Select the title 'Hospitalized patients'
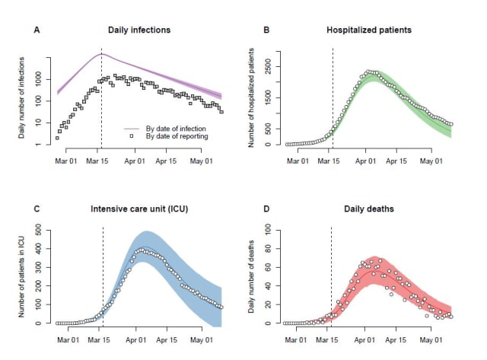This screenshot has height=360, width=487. tap(368, 30)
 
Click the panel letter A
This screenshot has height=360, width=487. tap(36, 30)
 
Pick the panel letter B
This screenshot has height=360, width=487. tap(266, 30)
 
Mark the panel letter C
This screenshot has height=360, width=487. tap(36, 209)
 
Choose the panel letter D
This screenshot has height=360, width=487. tap(266, 209)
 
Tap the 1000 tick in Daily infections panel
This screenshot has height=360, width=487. tap(43, 78)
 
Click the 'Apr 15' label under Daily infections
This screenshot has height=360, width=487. tap(167, 160)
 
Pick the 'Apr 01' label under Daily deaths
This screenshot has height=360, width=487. tap(364, 339)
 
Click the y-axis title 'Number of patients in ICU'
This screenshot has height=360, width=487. tap(25, 276)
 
